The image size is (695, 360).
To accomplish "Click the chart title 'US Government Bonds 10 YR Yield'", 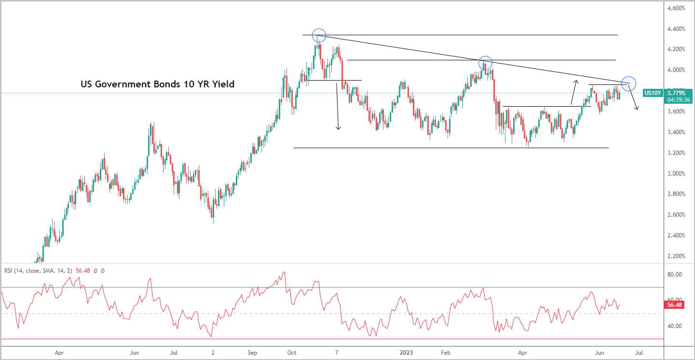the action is coord(157,84).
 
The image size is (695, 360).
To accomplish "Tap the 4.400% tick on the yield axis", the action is coord(676,29).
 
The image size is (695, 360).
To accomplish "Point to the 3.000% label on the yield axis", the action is coord(676,173).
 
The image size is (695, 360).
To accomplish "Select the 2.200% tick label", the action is coord(676,256).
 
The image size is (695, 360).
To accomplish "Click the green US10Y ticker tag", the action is coord(653,93).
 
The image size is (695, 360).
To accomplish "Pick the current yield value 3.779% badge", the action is coord(679,93).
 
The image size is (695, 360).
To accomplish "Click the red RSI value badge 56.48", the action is coord(675,305).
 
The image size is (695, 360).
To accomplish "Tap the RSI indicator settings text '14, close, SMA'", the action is coord(41,271).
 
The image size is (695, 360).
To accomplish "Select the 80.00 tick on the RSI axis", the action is coord(675,275).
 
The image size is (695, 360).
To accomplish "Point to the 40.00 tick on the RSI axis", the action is coord(675,326).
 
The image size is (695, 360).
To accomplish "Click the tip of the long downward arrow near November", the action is coord(339,129).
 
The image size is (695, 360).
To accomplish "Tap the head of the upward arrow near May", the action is coord(576,81).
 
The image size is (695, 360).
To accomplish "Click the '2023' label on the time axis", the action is coord(406,353).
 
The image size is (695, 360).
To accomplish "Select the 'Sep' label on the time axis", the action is coord(252,353).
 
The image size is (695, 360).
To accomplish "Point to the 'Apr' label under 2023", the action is coord(523,353).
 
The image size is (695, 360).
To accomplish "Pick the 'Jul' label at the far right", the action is coord(639,353).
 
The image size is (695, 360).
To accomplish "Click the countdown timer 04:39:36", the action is coord(679,100).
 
